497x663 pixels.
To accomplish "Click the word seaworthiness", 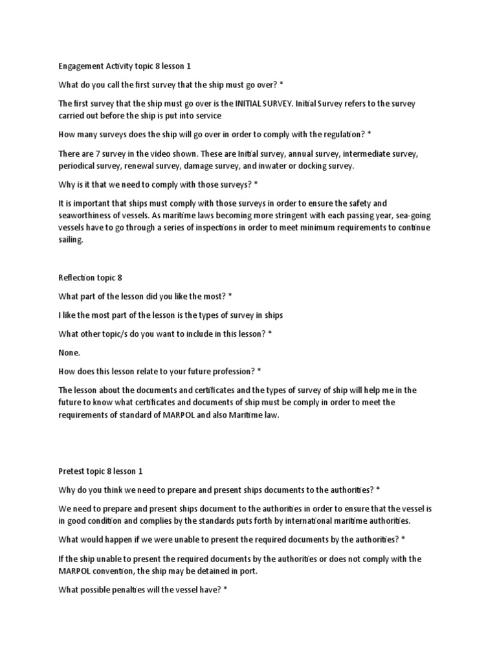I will pos(88,216).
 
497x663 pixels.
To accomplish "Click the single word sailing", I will pos(71,240).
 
